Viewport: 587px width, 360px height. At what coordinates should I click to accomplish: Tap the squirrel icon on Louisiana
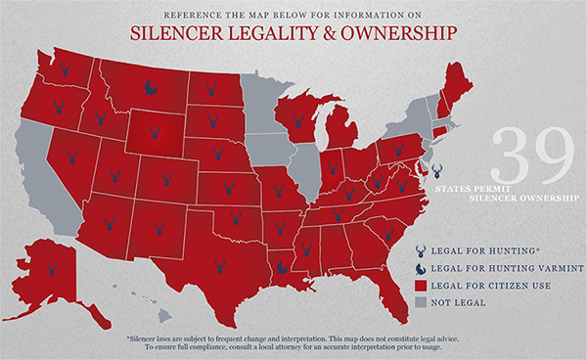pyautogui.click(x=281, y=264)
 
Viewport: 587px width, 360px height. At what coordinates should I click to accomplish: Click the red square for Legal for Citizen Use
pyautogui.click(x=423, y=285)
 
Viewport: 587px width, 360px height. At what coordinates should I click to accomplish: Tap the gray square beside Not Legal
pyautogui.click(x=423, y=302)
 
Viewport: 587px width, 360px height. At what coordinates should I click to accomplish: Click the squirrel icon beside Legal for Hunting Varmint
pyautogui.click(x=423, y=267)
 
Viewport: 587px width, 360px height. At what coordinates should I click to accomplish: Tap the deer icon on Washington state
pyautogui.click(x=65, y=70)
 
